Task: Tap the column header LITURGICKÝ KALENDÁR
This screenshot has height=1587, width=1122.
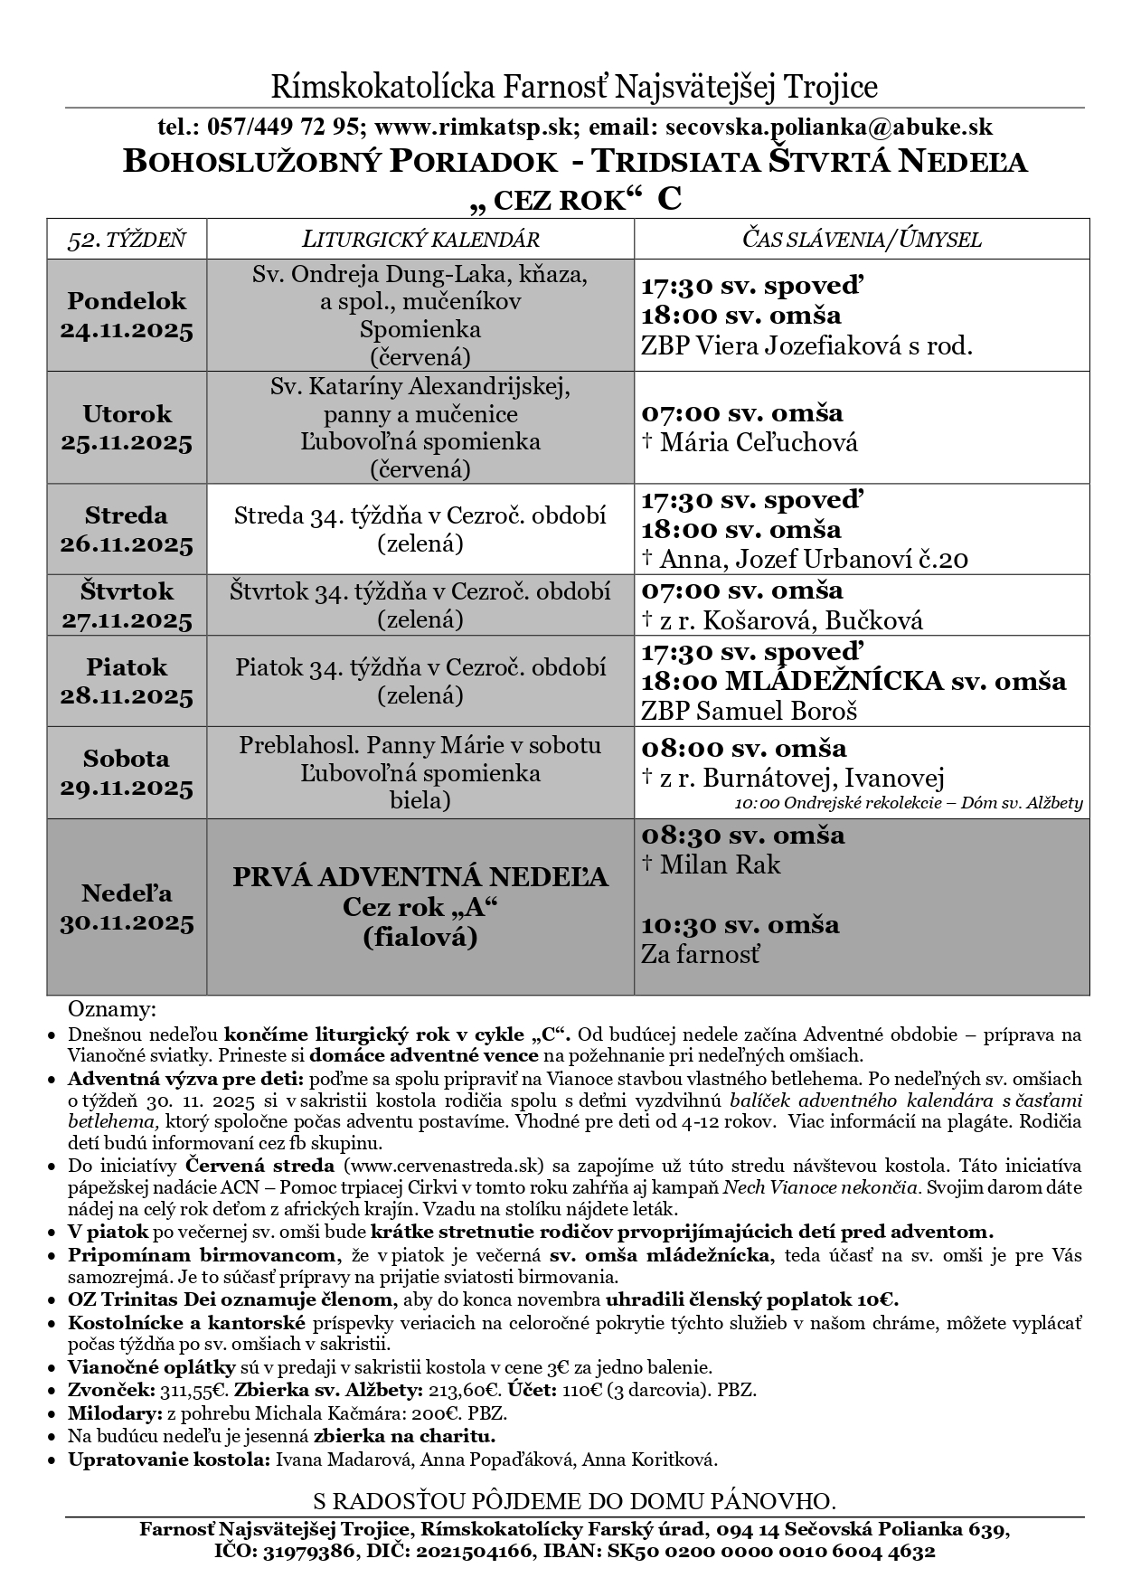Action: [x=420, y=240]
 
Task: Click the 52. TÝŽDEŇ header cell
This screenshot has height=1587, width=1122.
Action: [x=127, y=240]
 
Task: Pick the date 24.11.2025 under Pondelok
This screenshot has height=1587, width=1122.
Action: [x=127, y=331]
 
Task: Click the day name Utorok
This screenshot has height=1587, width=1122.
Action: [x=127, y=414]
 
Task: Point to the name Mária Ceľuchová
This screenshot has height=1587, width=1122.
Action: [x=759, y=442]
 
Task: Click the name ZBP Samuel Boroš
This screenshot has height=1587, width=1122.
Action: [x=750, y=711]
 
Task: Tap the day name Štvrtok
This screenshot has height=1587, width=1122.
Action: [x=127, y=591]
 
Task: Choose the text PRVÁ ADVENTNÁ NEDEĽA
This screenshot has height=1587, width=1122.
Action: [x=420, y=877]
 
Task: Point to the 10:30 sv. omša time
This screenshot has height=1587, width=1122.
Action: [x=740, y=924]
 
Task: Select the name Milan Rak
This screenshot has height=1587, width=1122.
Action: [x=720, y=864]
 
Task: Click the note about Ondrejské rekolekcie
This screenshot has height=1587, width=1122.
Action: [x=908, y=803]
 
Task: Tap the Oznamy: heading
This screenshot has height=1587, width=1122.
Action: [x=112, y=1008]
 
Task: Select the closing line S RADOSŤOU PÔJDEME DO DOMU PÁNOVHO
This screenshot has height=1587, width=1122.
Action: [x=574, y=1501]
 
